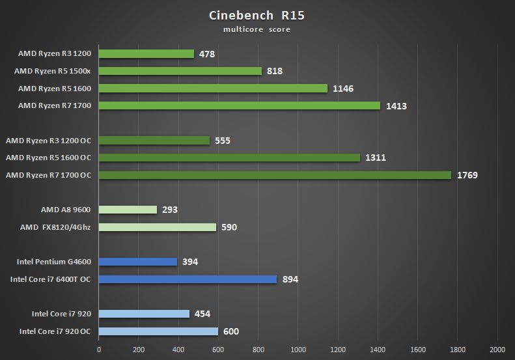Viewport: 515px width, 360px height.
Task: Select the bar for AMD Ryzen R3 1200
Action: click(x=146, y=53)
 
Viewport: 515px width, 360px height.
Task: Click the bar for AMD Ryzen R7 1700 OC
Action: click(x=275, y=175)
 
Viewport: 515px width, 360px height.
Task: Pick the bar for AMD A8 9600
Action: click(x=128, y=210)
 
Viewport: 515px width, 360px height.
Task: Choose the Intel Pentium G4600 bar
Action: click(x=138, y=262)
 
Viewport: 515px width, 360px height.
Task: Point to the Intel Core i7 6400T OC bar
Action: click(x=188, y=279)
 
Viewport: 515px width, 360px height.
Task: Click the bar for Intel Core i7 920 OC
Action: click(x=158, y=331)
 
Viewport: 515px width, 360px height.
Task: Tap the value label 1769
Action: click(x=467, y=175)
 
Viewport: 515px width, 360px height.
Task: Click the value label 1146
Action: click(x=342, y=89)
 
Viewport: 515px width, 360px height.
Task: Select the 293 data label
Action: click(x=170, y=210)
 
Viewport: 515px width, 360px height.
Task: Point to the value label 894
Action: click(x=290, y=279)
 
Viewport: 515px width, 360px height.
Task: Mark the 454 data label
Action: click(x=202, y=314)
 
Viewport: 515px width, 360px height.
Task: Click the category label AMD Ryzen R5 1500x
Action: click(x=55, y=71)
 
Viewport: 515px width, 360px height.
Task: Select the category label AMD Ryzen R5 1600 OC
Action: click(x=48, y=158)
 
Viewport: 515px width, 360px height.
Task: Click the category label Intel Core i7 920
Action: click(x=61, y=314)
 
